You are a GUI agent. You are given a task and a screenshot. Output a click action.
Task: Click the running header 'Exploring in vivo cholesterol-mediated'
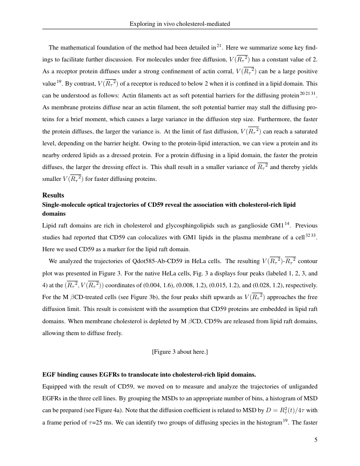(x=180, y=24)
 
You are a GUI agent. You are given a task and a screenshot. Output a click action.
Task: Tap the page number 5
(x=316, y=440)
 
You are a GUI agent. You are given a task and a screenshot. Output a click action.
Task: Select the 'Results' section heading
(x=53, y=195)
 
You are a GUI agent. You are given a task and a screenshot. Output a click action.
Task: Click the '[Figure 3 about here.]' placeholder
(x=180, y=352)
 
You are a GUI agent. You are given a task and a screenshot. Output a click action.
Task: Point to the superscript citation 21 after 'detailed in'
(x=219, y=46)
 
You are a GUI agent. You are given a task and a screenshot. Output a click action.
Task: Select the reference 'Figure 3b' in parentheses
(x=135, y=297)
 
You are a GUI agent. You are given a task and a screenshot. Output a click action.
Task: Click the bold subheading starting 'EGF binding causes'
(x=149, y=374)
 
